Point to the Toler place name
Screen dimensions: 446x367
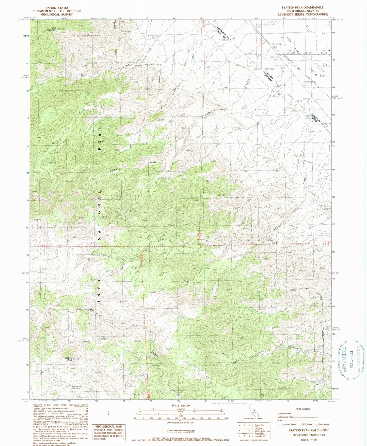[x=84, y=75]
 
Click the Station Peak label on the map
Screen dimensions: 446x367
[x=68, y=359]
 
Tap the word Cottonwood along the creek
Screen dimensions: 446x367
[x=95, y=312]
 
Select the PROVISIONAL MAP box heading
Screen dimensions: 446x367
[x=105, y=427]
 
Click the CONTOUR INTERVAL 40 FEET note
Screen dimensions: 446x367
[x=181, y=423]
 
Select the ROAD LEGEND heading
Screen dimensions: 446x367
[x=303, y=409]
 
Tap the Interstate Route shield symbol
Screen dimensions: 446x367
[x=280, y=424]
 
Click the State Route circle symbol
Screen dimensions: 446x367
[x=317, y=424]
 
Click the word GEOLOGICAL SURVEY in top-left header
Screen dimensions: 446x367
[x=57, y=15]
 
